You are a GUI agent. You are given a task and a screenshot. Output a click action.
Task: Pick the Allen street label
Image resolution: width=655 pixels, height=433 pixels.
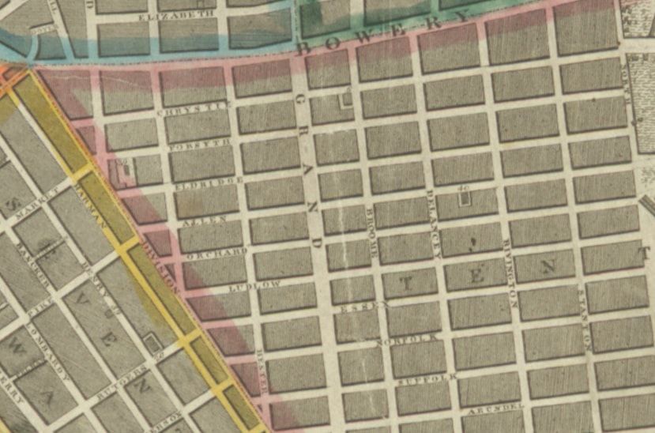click(205, 221)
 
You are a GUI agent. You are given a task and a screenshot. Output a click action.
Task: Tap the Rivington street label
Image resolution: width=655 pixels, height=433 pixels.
click(510, 273)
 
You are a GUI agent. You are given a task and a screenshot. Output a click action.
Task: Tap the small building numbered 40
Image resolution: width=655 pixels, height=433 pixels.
click(465, 195)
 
